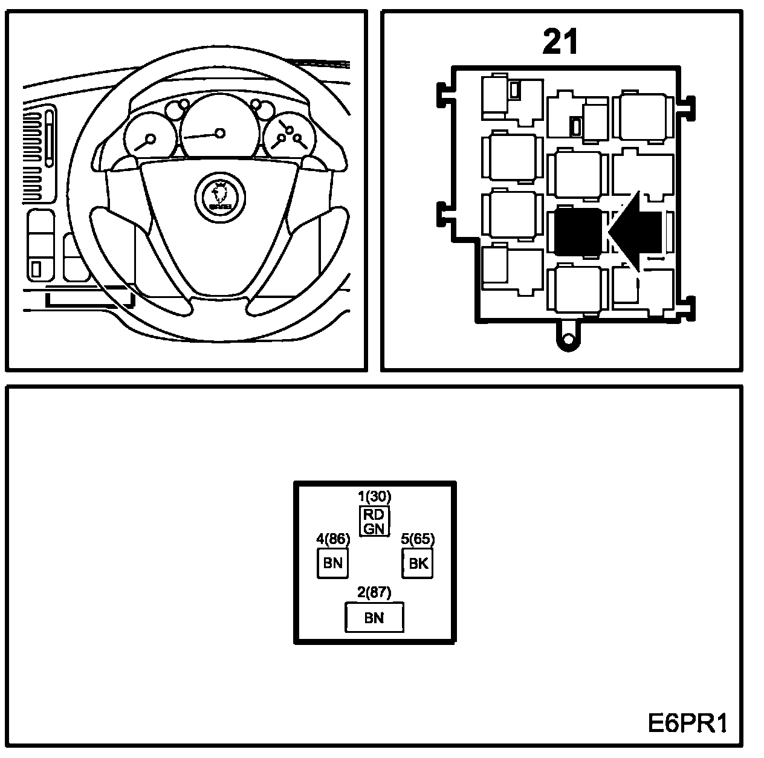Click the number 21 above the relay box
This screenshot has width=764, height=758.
pos(560,42)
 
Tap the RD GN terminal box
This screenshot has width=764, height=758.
pos(374,521)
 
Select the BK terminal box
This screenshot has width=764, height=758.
pos(418,564)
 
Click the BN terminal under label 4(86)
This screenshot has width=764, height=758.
pos(332,564)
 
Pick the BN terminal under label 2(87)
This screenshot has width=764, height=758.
pos(374,618)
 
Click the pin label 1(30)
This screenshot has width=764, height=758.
pos(375,496)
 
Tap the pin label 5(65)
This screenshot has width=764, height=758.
pos(418,539)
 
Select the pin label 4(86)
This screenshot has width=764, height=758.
pos(333,539)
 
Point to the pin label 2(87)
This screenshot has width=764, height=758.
pos(374,592)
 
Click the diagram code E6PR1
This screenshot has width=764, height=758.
pos(688,723)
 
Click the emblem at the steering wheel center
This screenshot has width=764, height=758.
pos(220,195)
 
